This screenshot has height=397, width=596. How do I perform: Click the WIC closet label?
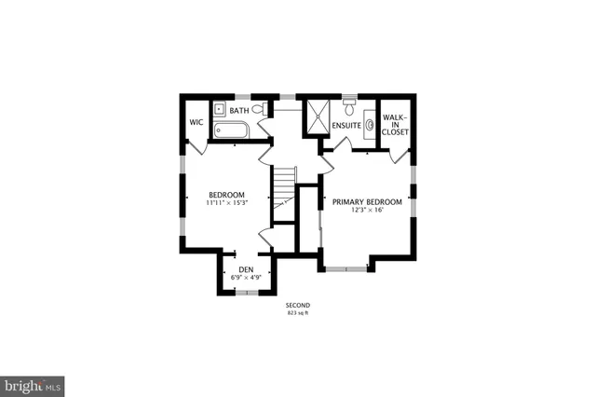tap(196, 121)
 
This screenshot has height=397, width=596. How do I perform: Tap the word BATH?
tap(239, 111)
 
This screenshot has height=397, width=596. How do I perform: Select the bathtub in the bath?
tap(230, 130)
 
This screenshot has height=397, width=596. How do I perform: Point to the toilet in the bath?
tap(258, 110)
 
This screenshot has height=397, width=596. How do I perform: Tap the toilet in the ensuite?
tap(349, 101)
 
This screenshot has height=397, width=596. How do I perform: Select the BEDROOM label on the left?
tap(226, 195)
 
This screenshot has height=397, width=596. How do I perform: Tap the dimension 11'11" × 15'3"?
tap(226, 203)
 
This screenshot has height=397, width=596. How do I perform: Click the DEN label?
tap(246, 269)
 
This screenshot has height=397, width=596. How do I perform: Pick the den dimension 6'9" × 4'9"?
tap(246, 277)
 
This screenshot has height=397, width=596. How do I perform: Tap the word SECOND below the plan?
tap(298, 306)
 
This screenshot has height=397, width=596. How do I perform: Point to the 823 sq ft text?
tap(298, 313)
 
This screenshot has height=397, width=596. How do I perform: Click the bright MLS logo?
tap(33, 384)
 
